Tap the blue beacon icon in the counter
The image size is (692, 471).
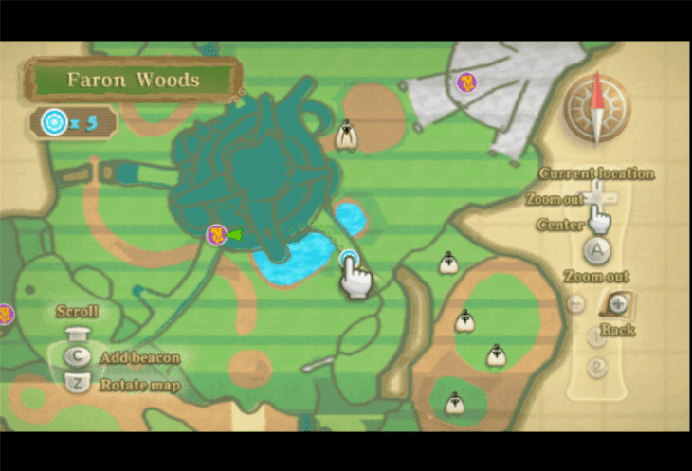tap(54, 122)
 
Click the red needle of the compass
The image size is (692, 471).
tap(597, 93)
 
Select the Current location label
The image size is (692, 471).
tap(596, 173)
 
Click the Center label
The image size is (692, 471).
tap(559, 226)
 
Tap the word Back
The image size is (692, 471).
tap(617, 331)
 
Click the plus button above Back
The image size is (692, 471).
tap(618, 303)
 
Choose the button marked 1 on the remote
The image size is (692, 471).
tap(596, 336)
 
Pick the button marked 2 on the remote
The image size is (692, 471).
tap(596, 368)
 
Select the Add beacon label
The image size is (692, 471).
tap(139, 358)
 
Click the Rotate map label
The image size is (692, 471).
tap(139, 385)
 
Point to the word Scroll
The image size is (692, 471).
tap(77, 312)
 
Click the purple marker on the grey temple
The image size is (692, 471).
tap(466, 82)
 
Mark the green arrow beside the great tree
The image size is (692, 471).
tap(235, 234)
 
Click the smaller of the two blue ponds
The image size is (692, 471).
tap(352, 218)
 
